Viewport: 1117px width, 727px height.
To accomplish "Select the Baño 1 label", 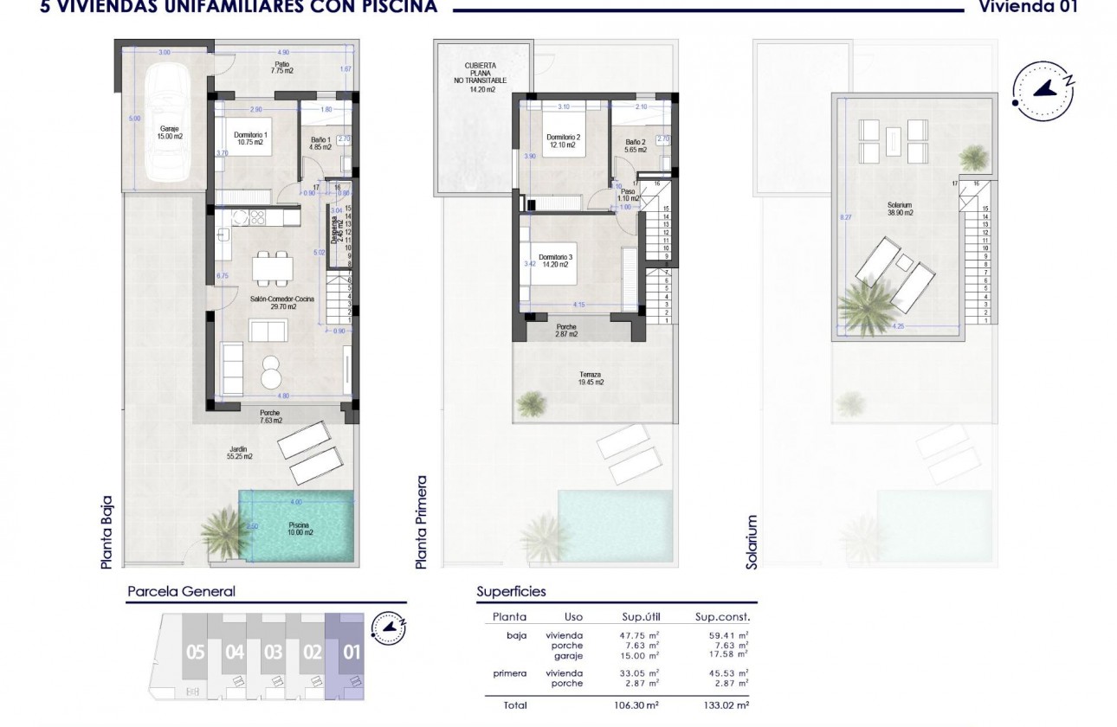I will click(321, 143).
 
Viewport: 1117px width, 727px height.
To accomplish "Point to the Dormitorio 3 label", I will click(555, 261).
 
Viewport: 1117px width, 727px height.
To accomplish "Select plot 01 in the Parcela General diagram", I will click(351, 653).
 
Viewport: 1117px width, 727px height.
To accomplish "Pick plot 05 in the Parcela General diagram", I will click(195, 653).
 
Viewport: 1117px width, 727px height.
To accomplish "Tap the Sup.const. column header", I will click(722, 618).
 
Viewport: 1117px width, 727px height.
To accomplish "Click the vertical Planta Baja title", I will click(107, 531).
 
